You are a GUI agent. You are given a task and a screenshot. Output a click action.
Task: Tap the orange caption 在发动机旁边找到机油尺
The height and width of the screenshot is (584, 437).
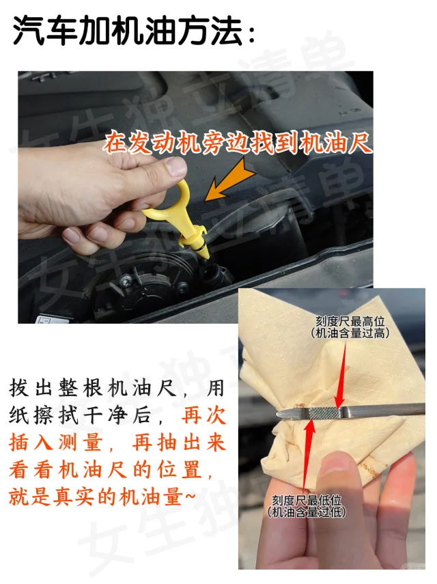(238, 143)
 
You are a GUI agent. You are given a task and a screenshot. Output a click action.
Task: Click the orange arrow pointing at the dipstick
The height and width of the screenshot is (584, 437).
(229, 180)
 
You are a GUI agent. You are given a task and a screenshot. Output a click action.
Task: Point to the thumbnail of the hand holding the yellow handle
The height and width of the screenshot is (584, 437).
(102, 197)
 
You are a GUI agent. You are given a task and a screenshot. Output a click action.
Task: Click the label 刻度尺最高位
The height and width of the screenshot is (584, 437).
(350, 321)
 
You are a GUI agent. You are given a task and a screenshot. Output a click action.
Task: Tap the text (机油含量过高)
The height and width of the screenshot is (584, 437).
(350, 333)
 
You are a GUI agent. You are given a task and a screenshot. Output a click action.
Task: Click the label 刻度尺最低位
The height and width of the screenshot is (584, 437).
(307, 500)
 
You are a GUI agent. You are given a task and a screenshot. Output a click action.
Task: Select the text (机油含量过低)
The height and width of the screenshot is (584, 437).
(307, 512)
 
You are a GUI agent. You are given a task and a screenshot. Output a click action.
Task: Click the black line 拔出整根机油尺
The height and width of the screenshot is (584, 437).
(93, 389)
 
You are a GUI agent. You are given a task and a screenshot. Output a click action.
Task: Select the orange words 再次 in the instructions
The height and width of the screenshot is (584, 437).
(203, 416)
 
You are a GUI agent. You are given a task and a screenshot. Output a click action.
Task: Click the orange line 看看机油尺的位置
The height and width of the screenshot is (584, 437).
(105, 470)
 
